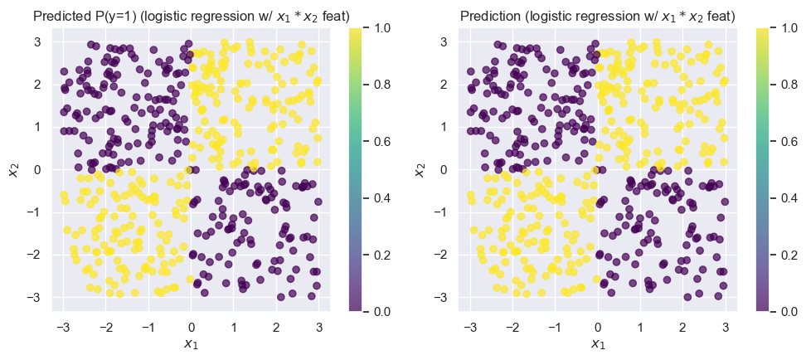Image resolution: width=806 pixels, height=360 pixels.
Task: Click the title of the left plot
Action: point(191,16)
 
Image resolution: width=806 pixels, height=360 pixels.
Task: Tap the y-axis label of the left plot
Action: point(13,169)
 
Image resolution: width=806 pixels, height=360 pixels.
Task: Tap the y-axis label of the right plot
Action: point(420,169)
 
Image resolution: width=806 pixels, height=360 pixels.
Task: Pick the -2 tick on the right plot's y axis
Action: point(444,254)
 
